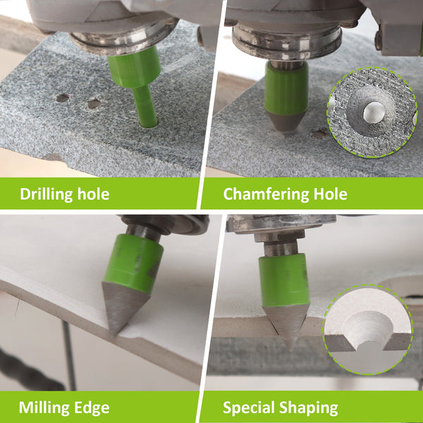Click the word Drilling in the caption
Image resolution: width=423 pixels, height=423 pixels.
click(47, 195)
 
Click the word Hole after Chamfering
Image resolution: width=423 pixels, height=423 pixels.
click(330, 194)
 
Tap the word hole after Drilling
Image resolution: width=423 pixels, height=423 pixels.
click(93, 194)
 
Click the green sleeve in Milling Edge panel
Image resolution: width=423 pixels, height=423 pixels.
click(133, 263)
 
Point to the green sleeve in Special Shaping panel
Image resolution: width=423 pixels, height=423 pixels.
click(284, 280)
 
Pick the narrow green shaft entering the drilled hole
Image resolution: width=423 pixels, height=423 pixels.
click(146, 106)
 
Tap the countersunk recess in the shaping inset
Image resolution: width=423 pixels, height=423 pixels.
click(369, 327)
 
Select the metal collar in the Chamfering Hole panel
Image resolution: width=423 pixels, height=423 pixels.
click(287, 40)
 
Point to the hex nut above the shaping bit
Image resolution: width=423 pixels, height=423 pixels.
click(279, 237)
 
